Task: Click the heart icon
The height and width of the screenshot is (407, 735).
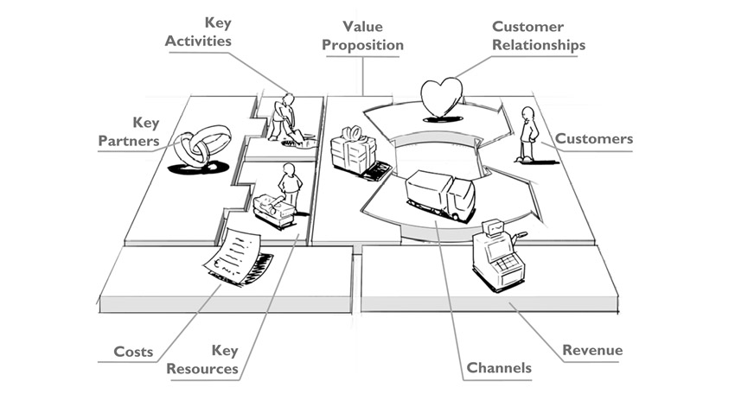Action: click(441, 96)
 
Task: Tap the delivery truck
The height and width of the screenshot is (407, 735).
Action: click(440, 194)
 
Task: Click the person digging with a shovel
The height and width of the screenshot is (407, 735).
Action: click(285, 118)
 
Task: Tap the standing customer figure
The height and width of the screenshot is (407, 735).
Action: click(527, 134)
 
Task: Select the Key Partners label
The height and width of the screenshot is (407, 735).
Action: click(129, 131)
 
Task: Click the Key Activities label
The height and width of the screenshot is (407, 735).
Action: click(198, 32)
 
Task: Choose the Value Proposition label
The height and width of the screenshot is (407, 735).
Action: click(362, 35)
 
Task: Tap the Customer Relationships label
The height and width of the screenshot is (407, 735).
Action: click(539, 35)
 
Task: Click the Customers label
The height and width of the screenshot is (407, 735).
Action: click(594, 138)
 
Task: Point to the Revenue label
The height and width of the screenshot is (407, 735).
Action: click(592, 350)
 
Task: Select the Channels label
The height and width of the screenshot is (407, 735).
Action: click(499, 367)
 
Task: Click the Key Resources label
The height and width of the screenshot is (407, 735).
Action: click(202, 359)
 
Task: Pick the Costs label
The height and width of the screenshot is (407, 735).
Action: click(133, 352)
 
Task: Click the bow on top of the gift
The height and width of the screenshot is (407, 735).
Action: click(354, 133)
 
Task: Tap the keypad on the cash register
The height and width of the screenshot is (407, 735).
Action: click(507, 264)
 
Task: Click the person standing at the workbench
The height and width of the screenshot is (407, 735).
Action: click(291, 185)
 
